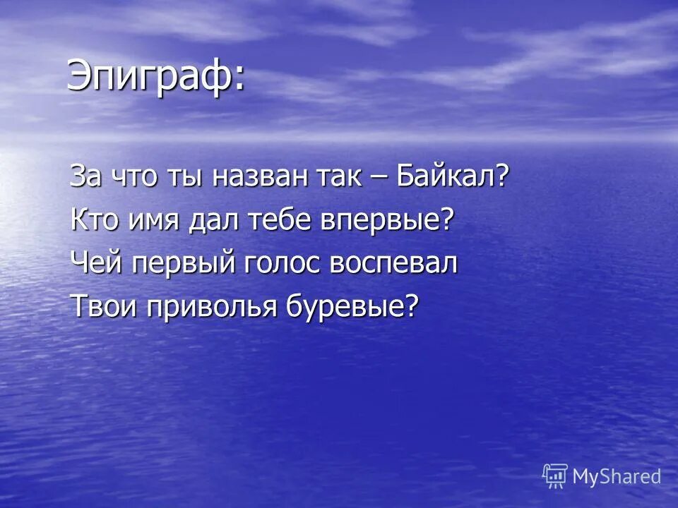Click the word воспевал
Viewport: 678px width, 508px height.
[x=393, y=263]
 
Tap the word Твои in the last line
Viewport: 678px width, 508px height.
[x=101, y=306]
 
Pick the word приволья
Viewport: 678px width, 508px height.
[x=207, y=307]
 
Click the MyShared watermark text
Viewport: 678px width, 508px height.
[x=617, y=476]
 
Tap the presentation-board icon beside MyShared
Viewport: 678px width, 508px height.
[x=555, y=476]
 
